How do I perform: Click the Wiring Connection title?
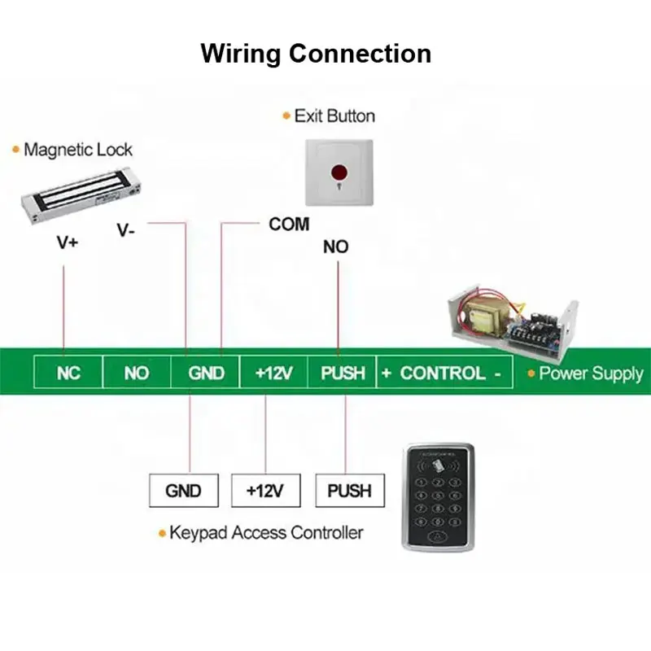click(x=316, y=54)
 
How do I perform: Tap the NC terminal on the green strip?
click(x=69, y=374)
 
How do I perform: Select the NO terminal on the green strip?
click(x=137, y=374)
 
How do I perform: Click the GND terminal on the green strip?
click(x=206, y=374)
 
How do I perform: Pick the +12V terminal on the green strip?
click(x=274, y=374)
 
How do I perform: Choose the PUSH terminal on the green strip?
click(x=343, y=374)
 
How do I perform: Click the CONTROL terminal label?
click(x=443, y=374)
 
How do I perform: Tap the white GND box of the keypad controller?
click(x=183, y=491)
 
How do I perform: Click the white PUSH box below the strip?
click(x=349, y=491)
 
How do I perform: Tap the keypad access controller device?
click(x=438, y=496)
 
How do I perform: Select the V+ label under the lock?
click(x=68, y=242)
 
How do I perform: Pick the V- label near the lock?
click(x=125, y=230)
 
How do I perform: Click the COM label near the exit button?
click(x=289, y=224)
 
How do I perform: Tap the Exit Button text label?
click(x=334, y=116)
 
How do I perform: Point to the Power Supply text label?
click(x=590, y=374)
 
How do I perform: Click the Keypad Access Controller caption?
click(x=265, y=533)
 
